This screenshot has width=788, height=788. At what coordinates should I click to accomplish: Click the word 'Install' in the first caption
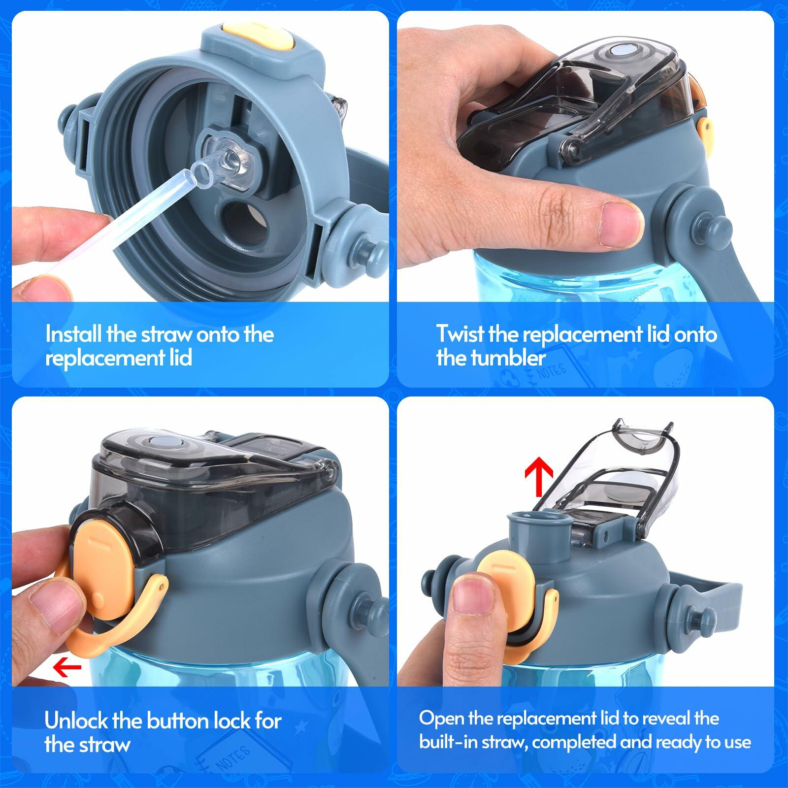click(73, 334)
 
